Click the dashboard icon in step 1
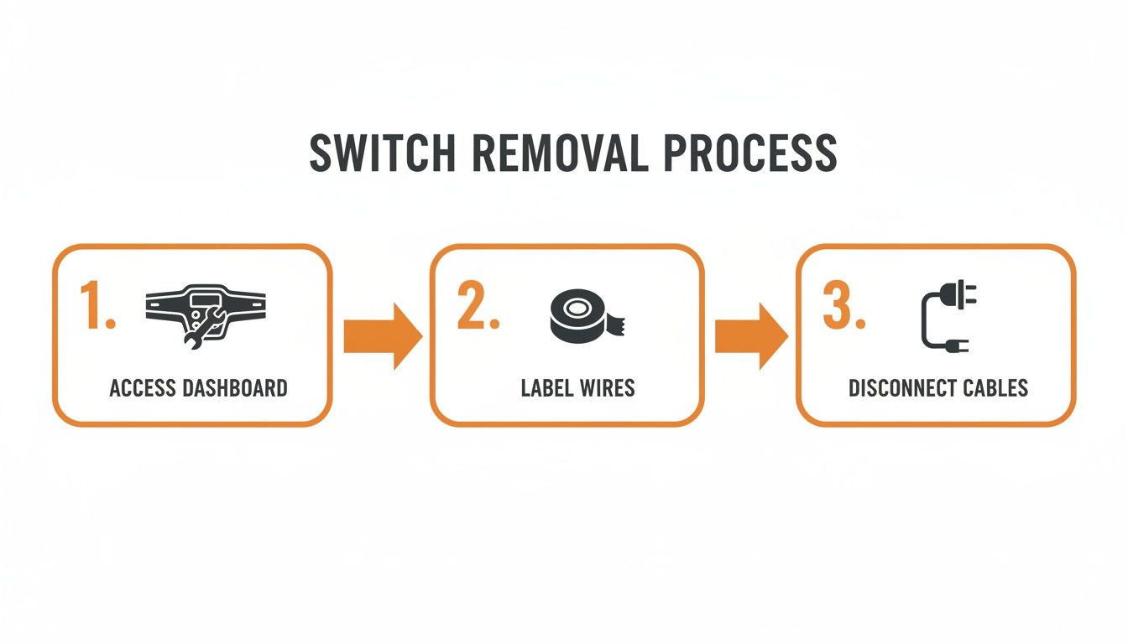click(206, 314)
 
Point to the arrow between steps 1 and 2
click(382, 336)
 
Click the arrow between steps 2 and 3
click(750, 336)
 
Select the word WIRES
click(605, 388)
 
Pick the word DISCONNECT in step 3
click(901, 388)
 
